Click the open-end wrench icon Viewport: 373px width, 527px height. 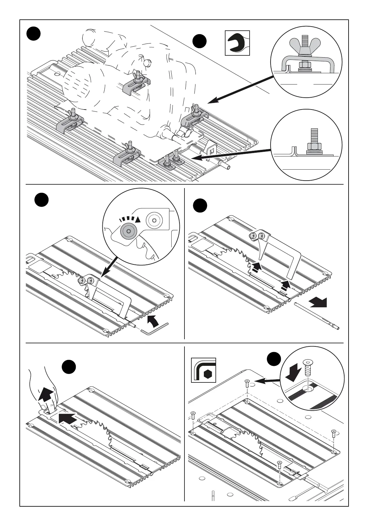tap(237, 43)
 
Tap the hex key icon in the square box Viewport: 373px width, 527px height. tap(204, 370)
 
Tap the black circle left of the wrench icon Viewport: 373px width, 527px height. tap(199, 42)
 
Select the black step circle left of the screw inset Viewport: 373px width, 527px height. tap(274, 360)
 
